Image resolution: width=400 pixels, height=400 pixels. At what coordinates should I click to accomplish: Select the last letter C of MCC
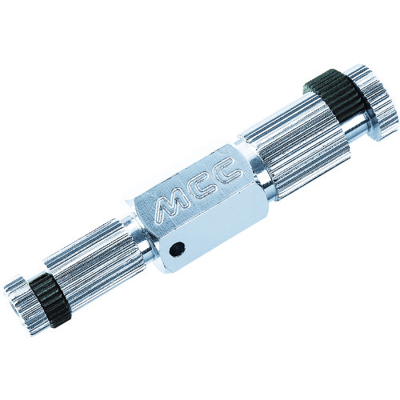[x=229, y=174]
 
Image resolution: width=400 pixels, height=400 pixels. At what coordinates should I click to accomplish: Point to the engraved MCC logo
[x=198, y=191]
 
